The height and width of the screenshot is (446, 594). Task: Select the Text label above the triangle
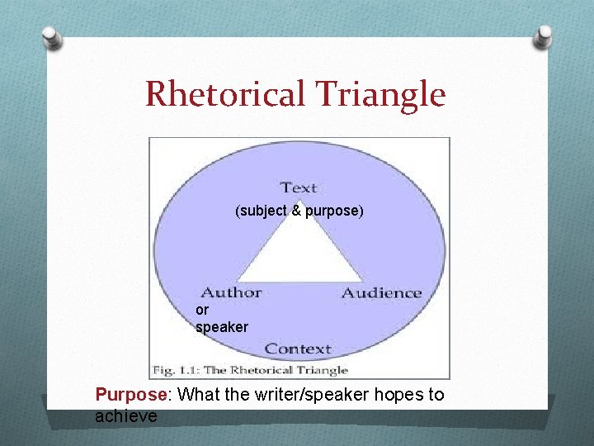click(x=299, y=187)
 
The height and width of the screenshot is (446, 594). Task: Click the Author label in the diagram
click(x=231, y=292)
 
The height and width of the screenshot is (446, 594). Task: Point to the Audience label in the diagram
click(x=381, y=292)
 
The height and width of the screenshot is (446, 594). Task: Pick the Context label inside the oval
click(x=298, y=349)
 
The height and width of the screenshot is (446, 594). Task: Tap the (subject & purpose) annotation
click(x=299, y=211)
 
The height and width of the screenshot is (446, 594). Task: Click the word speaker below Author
click(x=221, y=327)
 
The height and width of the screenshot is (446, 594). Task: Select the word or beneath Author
click(x=202, y=311)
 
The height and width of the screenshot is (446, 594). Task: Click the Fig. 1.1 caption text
click(x=250, y=370)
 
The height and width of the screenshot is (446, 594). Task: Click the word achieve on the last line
click(x=125, y=416)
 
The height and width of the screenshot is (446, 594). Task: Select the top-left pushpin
click(x=52, y=36)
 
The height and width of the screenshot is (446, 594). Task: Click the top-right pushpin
click(x=544, y=35)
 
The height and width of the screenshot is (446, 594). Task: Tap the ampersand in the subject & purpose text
click(x=296, y=211)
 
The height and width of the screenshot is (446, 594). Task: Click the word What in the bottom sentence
click(x=199, y=395)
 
